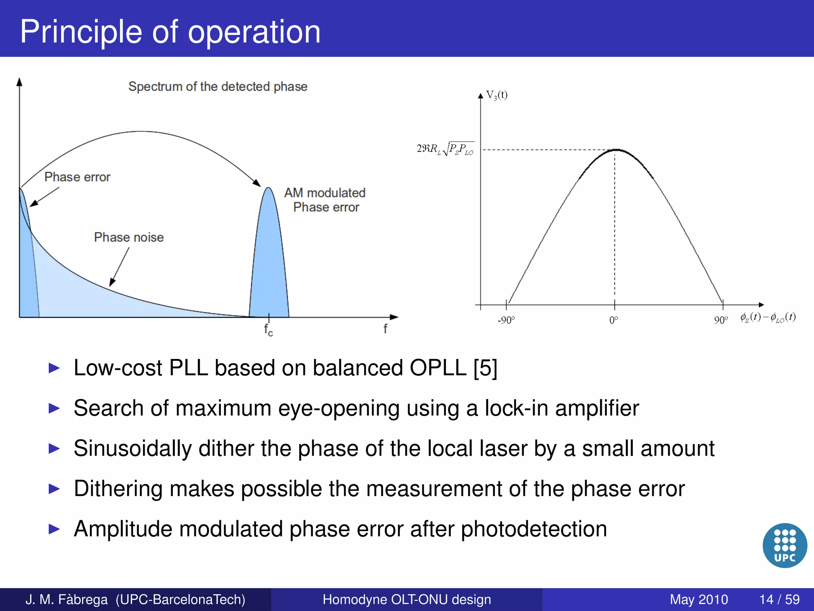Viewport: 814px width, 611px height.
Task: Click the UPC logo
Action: pos(785,545)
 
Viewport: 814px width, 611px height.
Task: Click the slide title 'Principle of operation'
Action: pos(170,32)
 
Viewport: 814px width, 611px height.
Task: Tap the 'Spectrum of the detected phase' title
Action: pos(218,86)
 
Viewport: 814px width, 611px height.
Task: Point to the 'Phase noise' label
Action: pos(129,237)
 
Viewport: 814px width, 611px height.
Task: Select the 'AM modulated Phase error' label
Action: pos(325,200)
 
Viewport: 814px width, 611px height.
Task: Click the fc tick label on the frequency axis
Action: pos(268,330)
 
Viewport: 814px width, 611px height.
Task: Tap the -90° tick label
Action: pos(506,320)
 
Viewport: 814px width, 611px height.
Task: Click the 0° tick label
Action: pos(614,320)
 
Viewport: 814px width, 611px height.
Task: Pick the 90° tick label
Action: pos(721,320)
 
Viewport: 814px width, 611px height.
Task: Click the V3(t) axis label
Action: pos(497,95)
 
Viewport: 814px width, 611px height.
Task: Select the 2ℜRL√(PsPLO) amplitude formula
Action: pos(445,149)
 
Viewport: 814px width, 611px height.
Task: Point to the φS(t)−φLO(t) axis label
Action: pos(767,318)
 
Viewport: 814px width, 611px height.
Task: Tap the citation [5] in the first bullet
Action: pos(485,368)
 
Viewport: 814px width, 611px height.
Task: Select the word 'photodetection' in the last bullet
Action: pos(534,529)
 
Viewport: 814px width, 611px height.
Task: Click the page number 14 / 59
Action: pos(779,599)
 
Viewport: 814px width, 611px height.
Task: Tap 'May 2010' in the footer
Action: pos(698,599)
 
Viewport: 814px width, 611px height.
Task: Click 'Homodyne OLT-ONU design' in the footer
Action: pos(407,599)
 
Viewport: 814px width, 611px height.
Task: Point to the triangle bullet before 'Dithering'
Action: pos(54,488)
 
